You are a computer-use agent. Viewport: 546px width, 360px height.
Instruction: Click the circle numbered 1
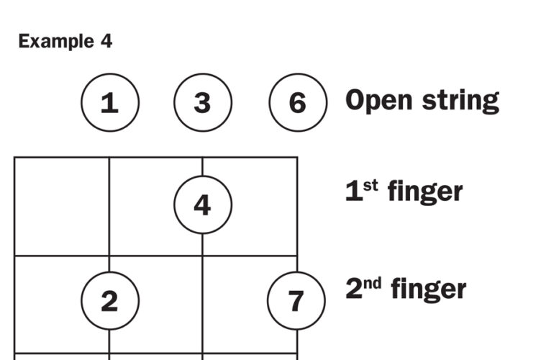coord(109,103)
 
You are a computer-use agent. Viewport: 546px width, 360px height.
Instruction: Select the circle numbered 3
coord(203,103)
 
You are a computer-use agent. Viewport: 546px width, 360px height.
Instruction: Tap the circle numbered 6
coord(298,103)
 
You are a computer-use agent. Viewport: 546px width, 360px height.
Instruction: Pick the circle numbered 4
coord(203,205)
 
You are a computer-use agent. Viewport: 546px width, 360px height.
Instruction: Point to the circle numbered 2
coord(109,301)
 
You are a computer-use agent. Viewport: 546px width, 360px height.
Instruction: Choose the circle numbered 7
coord(296,301)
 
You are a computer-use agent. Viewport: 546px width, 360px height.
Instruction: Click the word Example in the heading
coord(55,42)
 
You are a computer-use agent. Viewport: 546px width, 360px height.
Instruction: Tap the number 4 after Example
coord(106,42)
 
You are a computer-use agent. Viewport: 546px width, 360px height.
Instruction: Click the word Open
coord(379,101)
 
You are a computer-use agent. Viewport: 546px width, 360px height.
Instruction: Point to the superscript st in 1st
coord(371,186)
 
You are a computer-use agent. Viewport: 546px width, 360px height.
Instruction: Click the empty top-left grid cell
coord(62,206)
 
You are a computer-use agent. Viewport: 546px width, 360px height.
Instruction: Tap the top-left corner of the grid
coord(14,158)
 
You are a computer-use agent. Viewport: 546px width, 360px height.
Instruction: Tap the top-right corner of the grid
coord(297,158)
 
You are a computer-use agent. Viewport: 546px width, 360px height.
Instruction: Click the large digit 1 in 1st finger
coord(353,192)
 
